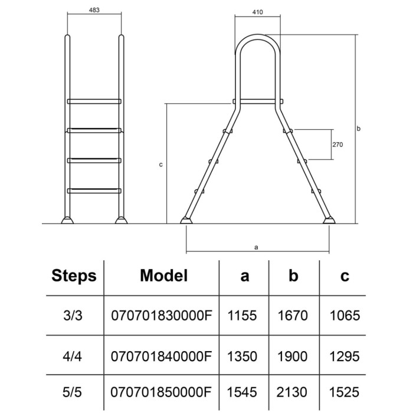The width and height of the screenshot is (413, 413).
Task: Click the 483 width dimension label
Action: coord(94,10)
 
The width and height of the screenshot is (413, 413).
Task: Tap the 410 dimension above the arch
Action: coord(257,12)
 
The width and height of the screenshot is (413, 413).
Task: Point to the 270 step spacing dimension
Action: coord(337,145)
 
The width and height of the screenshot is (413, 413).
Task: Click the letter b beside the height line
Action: coord(358,129)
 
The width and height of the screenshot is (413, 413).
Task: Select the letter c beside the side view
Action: coord(160,165)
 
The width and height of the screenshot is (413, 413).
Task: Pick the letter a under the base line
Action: coord(256,247)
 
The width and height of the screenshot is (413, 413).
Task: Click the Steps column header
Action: coord(74,276)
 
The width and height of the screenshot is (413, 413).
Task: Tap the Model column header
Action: coord(164,276)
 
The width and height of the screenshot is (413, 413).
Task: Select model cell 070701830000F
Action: coord(162,315)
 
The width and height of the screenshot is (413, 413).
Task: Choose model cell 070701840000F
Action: coord(161,356)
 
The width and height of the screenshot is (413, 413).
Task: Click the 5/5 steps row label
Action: coord(72,392)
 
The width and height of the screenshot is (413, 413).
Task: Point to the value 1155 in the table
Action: coord(242,315)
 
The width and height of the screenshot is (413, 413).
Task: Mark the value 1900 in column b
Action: coord(293,356)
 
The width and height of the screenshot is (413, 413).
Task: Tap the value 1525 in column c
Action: coord(344,392)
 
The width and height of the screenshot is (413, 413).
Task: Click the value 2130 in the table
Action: coord(292,392)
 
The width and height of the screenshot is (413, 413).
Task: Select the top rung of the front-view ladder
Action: coord(94,101)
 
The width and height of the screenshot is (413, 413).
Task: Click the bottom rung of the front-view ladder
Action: coord(94,191)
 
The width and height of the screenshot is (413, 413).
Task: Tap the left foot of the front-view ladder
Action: coord(67,220)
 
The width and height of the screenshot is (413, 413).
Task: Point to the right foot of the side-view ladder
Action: coord(329,221)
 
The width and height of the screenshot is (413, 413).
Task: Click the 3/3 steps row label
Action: coord(73,315)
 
